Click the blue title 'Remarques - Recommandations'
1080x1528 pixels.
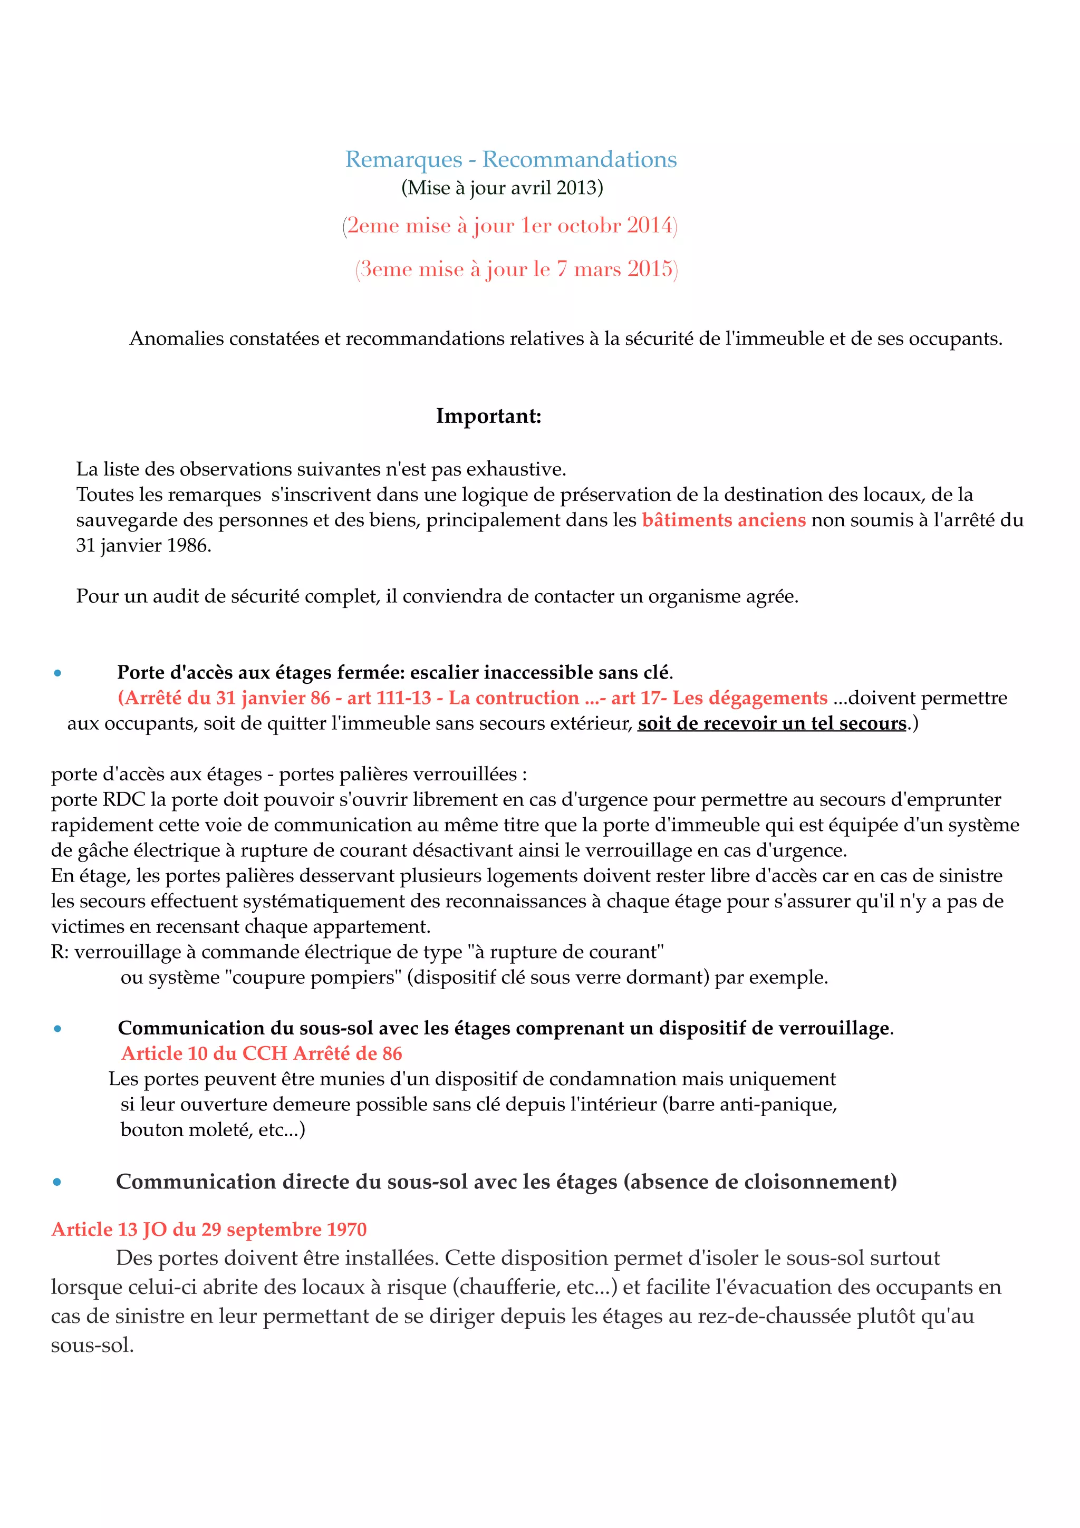[x=510, y=160]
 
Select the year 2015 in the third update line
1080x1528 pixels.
[x=650, y=269]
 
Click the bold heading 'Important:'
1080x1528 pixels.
[x=488, y=416]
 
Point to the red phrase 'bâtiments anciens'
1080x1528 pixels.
[x=724, y=520]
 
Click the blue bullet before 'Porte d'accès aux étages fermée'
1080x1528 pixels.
[x=58, y=673]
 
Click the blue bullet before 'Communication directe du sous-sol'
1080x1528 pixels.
[x=57, y=1182]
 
